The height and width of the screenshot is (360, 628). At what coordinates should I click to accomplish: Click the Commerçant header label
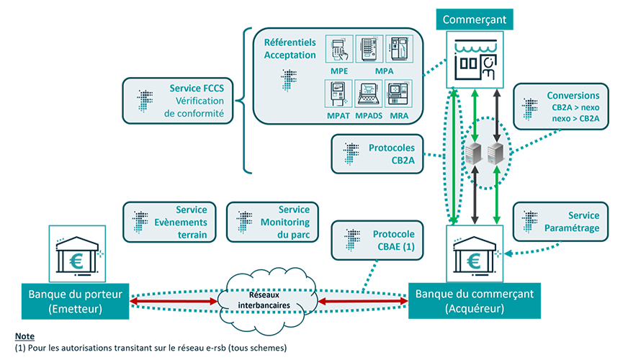coord(474,19)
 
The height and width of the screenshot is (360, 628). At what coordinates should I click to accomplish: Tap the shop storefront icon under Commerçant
coord(475,60)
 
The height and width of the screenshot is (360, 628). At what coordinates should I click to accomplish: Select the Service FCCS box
coord(178,101)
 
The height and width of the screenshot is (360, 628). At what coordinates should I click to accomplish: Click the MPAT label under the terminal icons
coord(338,116)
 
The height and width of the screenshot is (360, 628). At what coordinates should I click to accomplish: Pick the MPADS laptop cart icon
coord(369,94)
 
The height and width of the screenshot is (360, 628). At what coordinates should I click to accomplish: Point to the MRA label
coord(399,116)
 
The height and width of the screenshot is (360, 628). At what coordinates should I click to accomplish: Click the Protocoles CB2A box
coord(377,154)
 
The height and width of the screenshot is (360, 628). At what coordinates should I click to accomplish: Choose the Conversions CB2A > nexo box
coord(561,107)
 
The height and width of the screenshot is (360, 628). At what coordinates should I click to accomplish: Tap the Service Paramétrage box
coord(560,222)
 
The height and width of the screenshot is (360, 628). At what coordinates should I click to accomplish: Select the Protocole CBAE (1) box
coord(377,240)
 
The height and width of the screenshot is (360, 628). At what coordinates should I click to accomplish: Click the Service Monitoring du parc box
coord(273,222)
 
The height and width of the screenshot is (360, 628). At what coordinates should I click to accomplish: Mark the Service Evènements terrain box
coord(169,222)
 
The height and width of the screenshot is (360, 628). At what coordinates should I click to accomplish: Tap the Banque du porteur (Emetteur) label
coord(76,302)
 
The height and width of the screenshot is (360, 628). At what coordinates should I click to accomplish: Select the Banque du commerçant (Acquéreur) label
coord(474,301)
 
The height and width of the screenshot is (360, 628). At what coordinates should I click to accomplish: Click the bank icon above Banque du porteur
coord(77,254)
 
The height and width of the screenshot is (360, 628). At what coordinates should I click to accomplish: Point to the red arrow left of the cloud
coord(174,301)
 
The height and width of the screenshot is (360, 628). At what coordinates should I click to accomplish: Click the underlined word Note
coord(24,336)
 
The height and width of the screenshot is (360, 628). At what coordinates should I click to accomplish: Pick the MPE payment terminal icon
coord(339,49)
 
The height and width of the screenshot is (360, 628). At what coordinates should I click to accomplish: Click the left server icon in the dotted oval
coord(474,153)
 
